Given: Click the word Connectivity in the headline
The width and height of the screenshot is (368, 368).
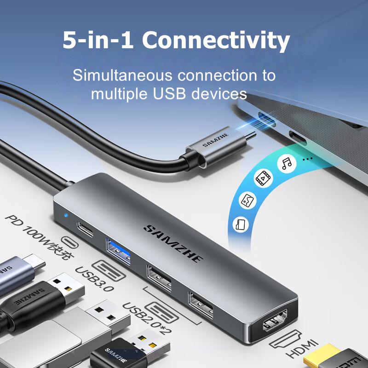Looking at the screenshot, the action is point(216,40).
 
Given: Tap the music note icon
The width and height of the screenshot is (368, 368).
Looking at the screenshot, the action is point(287,163).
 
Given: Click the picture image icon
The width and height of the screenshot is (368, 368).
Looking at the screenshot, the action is point(247,200).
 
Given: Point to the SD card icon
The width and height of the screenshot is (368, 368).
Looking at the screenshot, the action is point(241,224).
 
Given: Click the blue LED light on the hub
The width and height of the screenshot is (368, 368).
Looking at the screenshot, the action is point(66,215).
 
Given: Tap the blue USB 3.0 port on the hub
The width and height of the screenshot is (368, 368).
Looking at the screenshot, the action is point(118,251).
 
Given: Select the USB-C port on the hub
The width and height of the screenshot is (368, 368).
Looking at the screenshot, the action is point(85,229).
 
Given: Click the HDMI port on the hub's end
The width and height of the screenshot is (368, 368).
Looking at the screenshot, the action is point(275,320).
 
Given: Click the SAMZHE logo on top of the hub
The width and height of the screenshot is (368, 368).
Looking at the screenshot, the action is point(173,243).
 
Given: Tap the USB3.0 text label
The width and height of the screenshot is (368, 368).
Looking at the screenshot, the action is point(95,279).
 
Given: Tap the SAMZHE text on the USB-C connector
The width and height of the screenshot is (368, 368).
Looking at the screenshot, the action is point(216,140).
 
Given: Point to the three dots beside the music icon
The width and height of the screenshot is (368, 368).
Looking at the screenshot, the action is point(307,159).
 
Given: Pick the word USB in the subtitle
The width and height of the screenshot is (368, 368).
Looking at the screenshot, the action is point(169,94).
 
